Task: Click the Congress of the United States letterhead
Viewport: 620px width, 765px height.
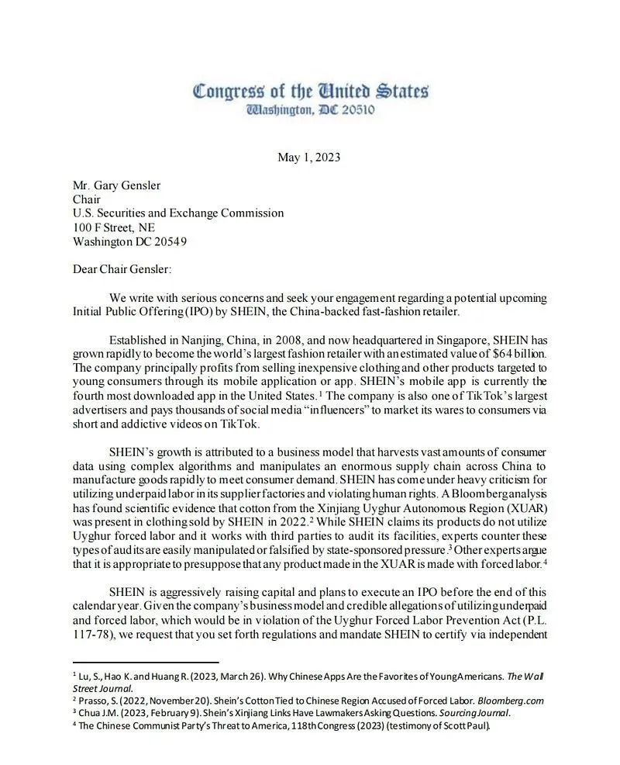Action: tap(310, 92)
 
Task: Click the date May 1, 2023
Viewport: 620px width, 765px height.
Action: tap(308, 157)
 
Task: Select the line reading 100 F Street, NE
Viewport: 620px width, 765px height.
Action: tap(113, 227)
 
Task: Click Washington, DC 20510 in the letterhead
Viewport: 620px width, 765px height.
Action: tap(310, 110)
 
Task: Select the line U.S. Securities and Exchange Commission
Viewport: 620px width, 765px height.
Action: tap(178, 213)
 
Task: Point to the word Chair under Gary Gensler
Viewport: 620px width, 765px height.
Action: tap(88, 199)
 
